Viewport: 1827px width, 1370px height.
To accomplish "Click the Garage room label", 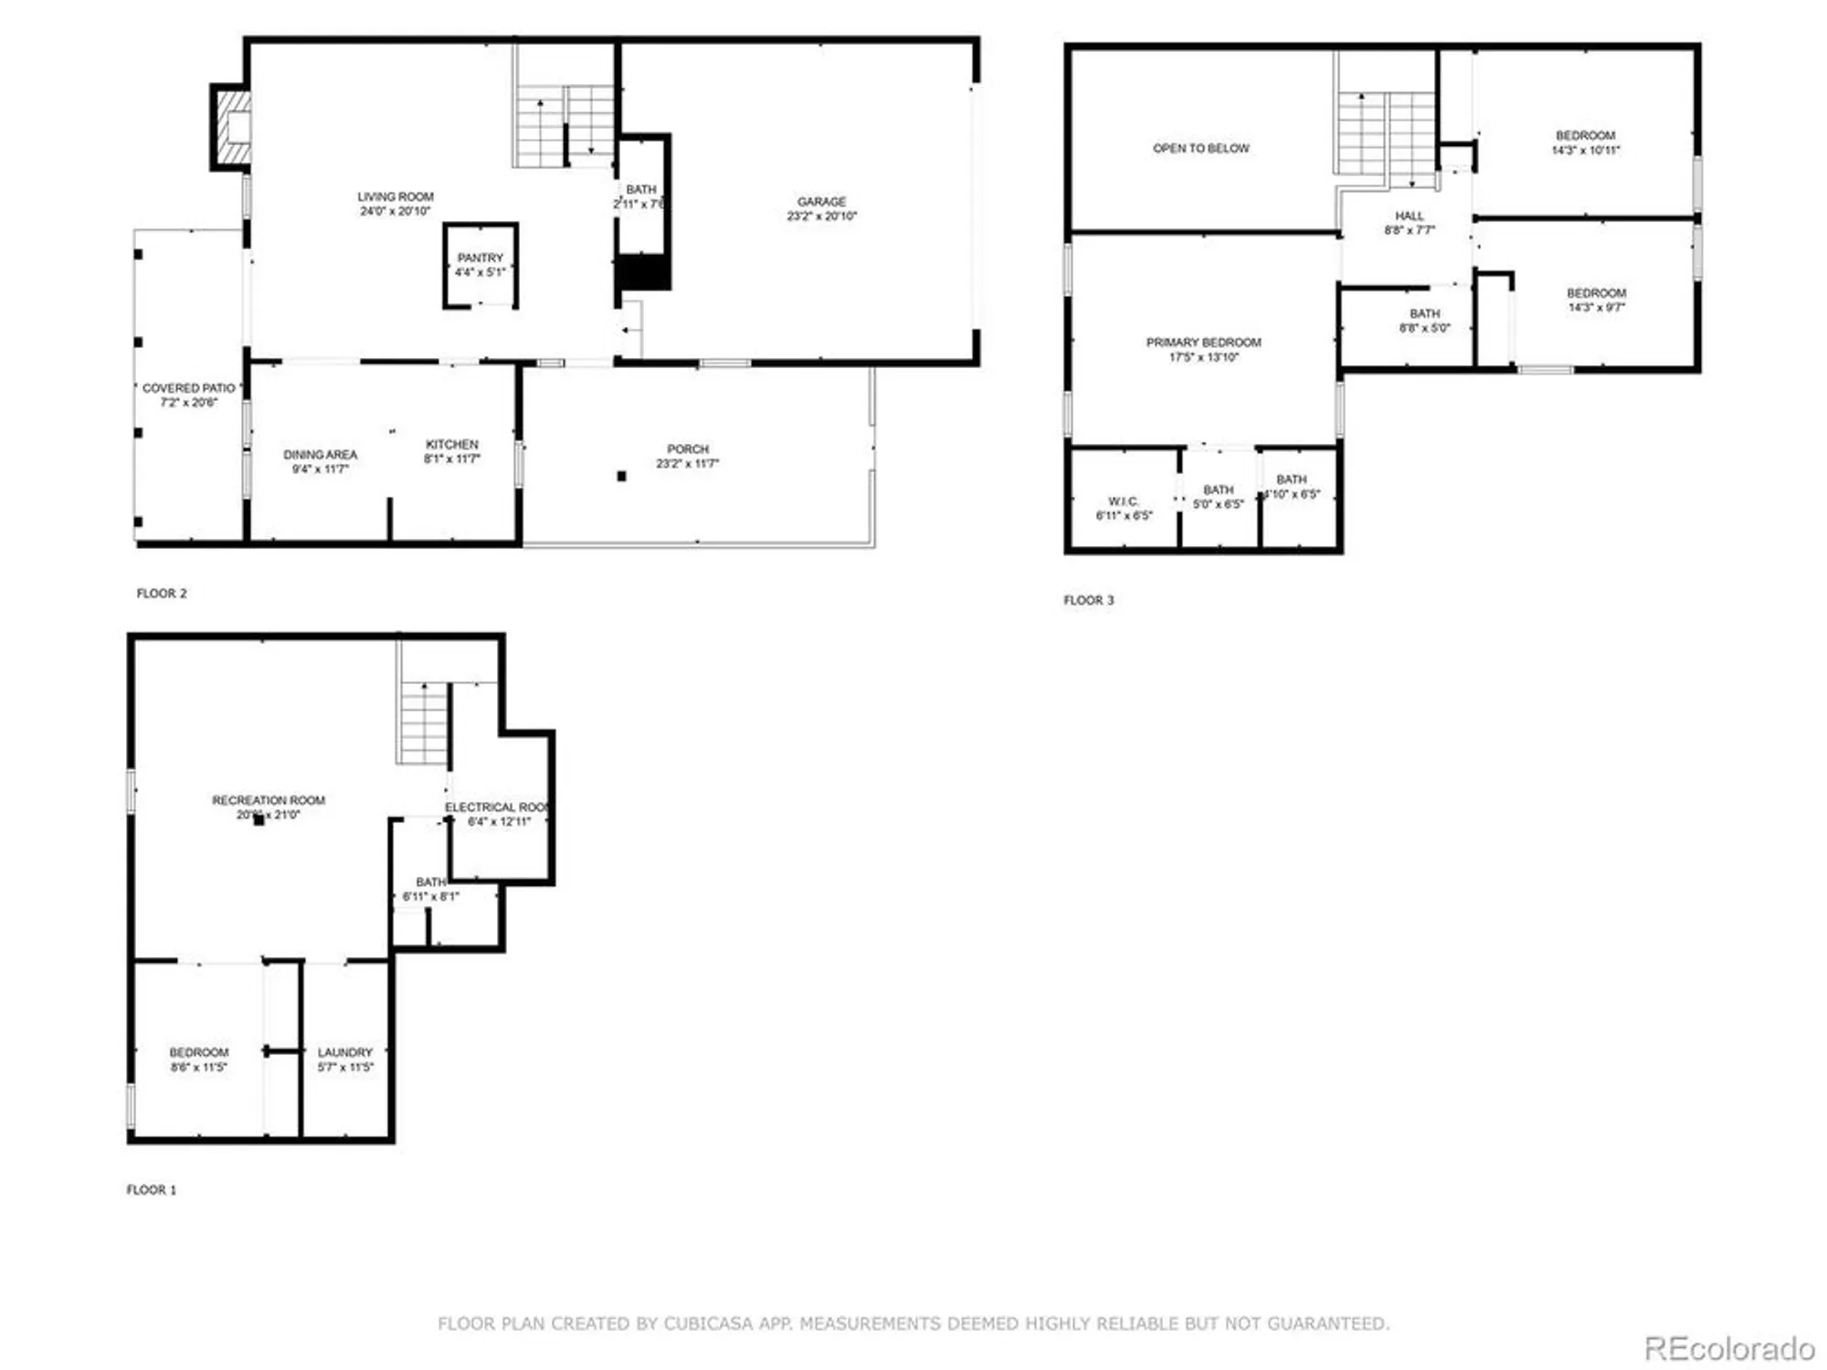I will [x=820, y=201].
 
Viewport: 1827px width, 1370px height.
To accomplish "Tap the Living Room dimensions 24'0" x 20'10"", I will [x=395, y=211].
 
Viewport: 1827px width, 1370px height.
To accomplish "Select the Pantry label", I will [x=480, y=258].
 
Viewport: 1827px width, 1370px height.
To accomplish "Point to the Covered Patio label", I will [x=188, y=388].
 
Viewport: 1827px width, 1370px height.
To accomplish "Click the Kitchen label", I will [x=451, y=444].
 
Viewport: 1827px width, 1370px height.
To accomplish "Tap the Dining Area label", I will [x=320, y=454].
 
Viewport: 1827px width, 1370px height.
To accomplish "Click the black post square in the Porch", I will [x=621, y=476].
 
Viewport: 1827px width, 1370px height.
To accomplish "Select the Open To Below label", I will [x=1200, y=148].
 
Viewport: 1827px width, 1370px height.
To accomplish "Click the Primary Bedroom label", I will [x=1203, y=342].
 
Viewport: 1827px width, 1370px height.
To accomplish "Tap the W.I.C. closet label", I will [x=1123, y=501].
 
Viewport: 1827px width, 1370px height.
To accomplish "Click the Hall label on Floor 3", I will [x=1409, y=216].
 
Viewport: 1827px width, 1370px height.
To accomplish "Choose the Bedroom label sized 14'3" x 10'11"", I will [x=1585, y=135].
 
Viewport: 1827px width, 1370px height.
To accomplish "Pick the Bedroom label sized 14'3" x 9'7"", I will [x=1596, y=293].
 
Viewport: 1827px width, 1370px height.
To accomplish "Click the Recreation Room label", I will [x=269, y=800].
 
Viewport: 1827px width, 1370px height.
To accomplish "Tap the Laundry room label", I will [x=344, y=1052].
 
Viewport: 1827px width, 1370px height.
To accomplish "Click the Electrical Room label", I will [x=497, y=807].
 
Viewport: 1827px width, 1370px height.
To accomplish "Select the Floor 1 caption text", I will [x=151, y=1190].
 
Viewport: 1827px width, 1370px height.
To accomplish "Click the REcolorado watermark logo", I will [x=1728, y=1348].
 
